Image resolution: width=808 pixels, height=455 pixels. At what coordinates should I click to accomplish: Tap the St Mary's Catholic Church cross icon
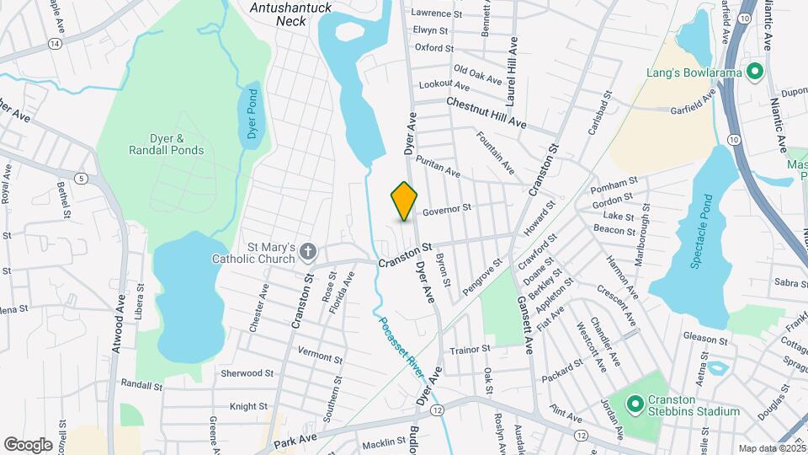pyautogui.click(x=309, y=250)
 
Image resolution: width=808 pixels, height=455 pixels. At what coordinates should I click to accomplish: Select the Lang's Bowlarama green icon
pyautogui.click(x=754, y=71)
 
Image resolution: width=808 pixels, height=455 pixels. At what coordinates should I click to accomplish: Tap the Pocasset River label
pyautogui.click(x=400, y=342)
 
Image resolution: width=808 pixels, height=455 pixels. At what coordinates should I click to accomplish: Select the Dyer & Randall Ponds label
pyautogui.click(x=166, y=144)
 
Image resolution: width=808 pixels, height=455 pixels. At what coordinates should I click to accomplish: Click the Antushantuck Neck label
pyautogui.click(x=291, y=14)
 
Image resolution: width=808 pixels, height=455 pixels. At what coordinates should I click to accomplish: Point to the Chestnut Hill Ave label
pyautogui.click(x=486, y=113)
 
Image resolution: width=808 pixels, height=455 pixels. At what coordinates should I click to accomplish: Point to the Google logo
pyautogui.click(x=28, y=444)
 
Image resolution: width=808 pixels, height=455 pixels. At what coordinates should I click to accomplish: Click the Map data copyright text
pyautogui.click(x=771, y=448)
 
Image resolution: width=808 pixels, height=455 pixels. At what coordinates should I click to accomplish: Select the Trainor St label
pyautogui.click(x=470, y=349)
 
